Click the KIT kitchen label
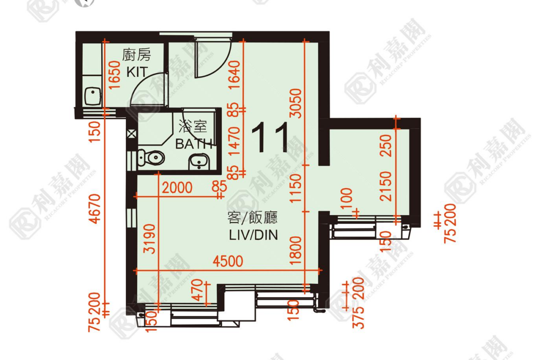click(137, 72)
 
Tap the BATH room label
click(194, 144)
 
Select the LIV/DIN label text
click(253, 235)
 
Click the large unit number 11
click(270, 138)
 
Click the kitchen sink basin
click(92, 96)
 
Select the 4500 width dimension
click(228, 261)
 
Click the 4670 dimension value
click(95, 209)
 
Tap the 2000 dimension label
click(177, 188)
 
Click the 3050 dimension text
click(296, 103)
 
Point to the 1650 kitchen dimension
click(115, 75)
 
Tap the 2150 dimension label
click(386, 186)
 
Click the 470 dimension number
click(197, 290)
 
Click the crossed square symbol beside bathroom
click(132, 134)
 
